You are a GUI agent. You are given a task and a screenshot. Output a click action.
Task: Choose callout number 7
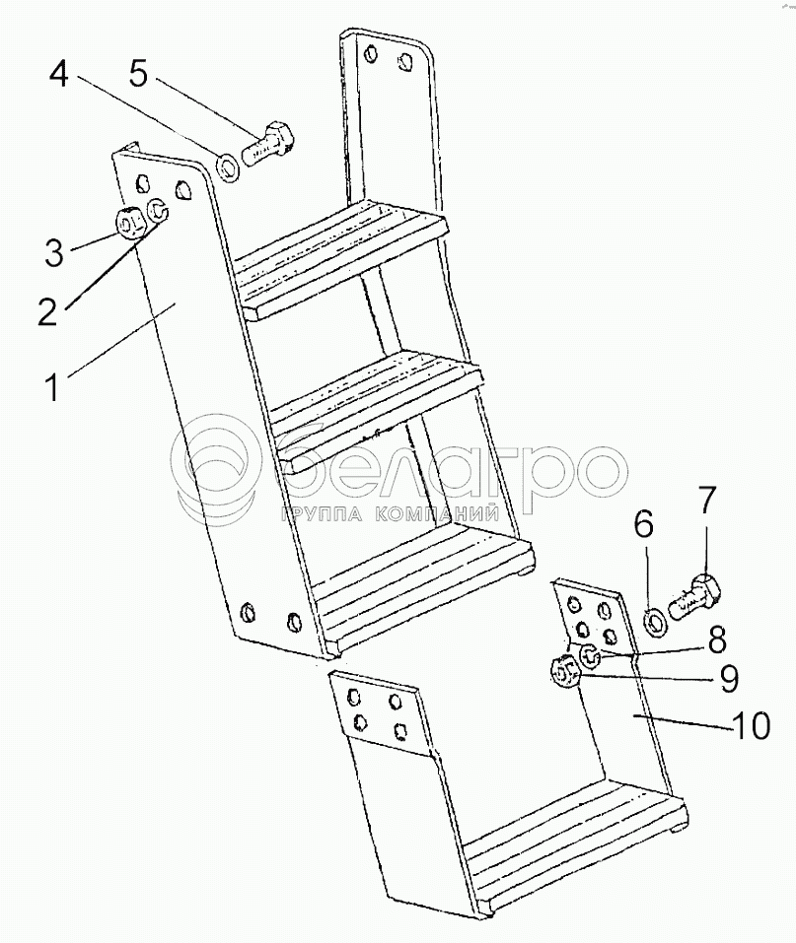pyautogui.click(x=707, y=504)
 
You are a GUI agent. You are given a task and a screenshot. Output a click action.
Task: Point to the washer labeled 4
pyautogui.click(x=228, y=168)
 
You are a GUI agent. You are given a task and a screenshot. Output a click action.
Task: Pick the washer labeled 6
pyautogui.click(x=654, y=621)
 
